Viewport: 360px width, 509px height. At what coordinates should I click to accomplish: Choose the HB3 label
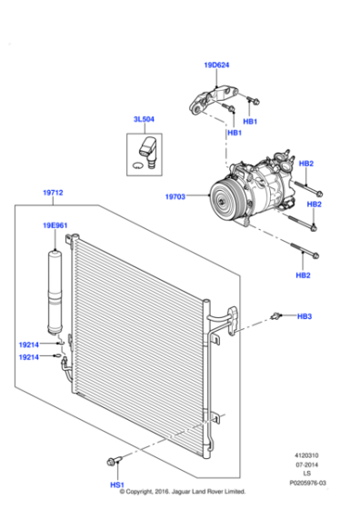(x=304, y=316)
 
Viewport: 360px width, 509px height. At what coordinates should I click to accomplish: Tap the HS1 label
(x=117, y=485)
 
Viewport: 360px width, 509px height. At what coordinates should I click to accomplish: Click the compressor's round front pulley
(x=225, y=195)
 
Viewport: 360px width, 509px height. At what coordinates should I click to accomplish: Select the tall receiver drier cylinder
(x=56, y=285)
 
